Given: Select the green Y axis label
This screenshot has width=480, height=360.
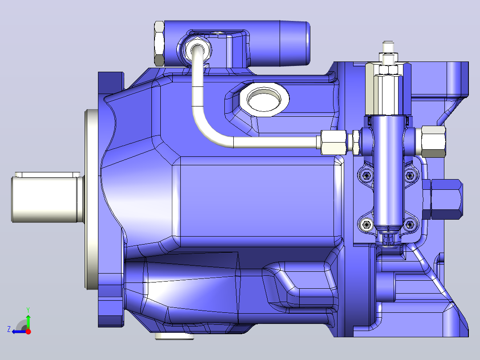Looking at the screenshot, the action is click(x=28, y=310).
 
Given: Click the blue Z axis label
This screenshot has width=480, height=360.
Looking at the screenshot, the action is click(x=9, y=329).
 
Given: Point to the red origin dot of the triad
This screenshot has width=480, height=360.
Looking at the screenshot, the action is click(x=28, y=331).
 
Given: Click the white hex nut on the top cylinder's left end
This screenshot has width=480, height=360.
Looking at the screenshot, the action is click(x=159, y=44).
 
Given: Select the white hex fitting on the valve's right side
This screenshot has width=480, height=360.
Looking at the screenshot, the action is click(x=433, y=141).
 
